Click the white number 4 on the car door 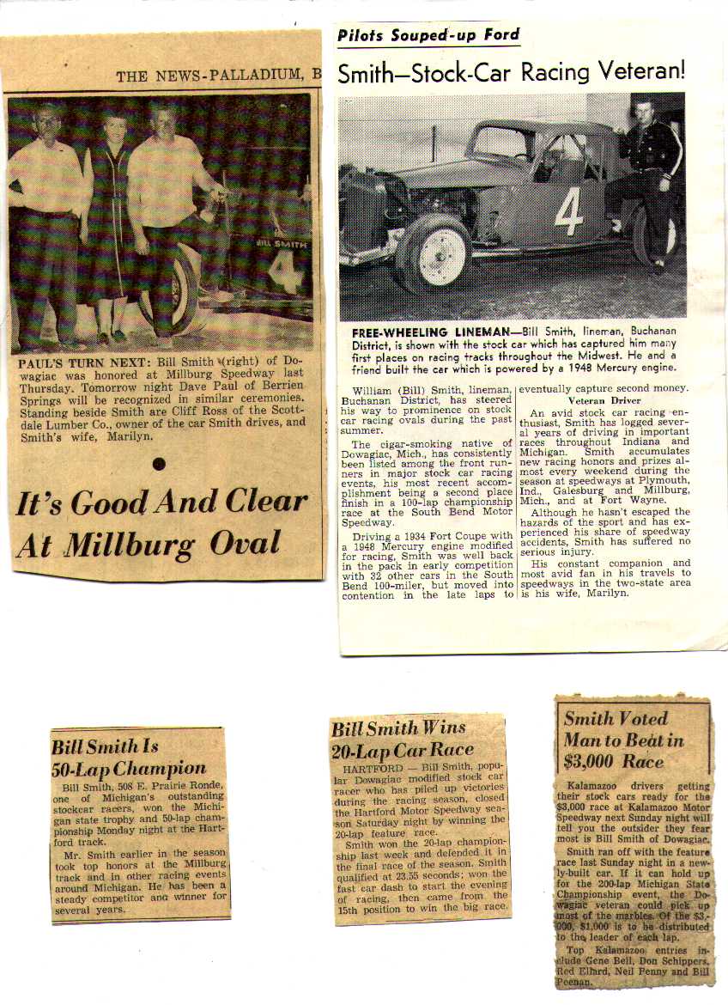pos(568,212)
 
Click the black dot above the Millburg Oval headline pos(158,465)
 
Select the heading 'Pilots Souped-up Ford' pos(428,35)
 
